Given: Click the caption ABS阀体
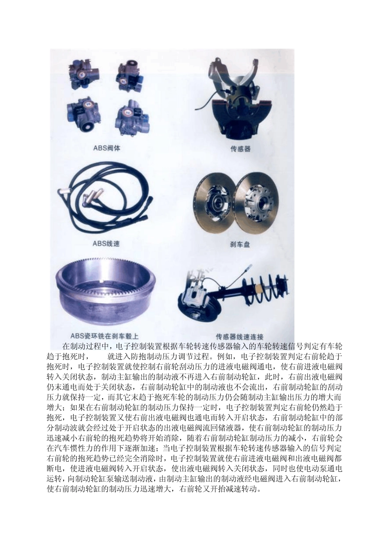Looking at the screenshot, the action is click(x=106, y=148).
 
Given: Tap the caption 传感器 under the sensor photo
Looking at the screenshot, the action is click(x=240, y=149).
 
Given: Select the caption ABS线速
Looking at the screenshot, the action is click(x=106, y=243).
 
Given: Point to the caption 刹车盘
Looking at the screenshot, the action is click(x=240, y=244).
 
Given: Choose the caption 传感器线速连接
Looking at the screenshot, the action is click(x=240, y=336).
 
